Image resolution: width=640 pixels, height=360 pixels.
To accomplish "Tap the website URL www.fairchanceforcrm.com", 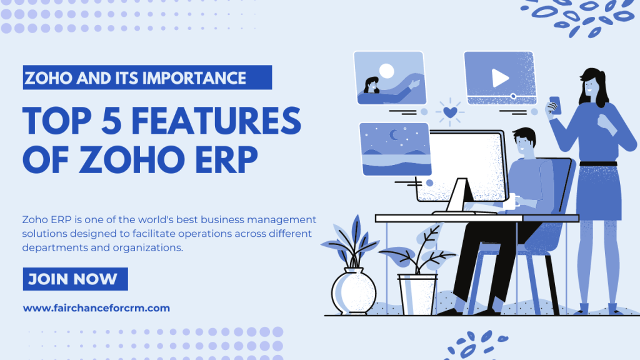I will click(x=96, y=308).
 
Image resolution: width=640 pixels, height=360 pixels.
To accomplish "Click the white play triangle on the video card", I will click(x=499, y=77).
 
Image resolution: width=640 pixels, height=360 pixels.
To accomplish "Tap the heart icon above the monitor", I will click(x=449, y=112).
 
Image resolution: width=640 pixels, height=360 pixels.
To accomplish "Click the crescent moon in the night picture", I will click(x=394, y=134).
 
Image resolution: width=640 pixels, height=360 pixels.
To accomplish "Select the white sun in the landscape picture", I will click(x=387, y=71).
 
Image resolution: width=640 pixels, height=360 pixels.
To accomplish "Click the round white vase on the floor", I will click(x=354, y=291).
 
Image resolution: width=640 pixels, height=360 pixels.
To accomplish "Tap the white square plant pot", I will click(x=417, y=294).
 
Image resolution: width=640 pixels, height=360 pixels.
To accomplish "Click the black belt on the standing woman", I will click(x=597, y=164).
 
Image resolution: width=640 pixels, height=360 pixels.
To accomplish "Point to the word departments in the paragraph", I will click(x=52, y=247).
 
